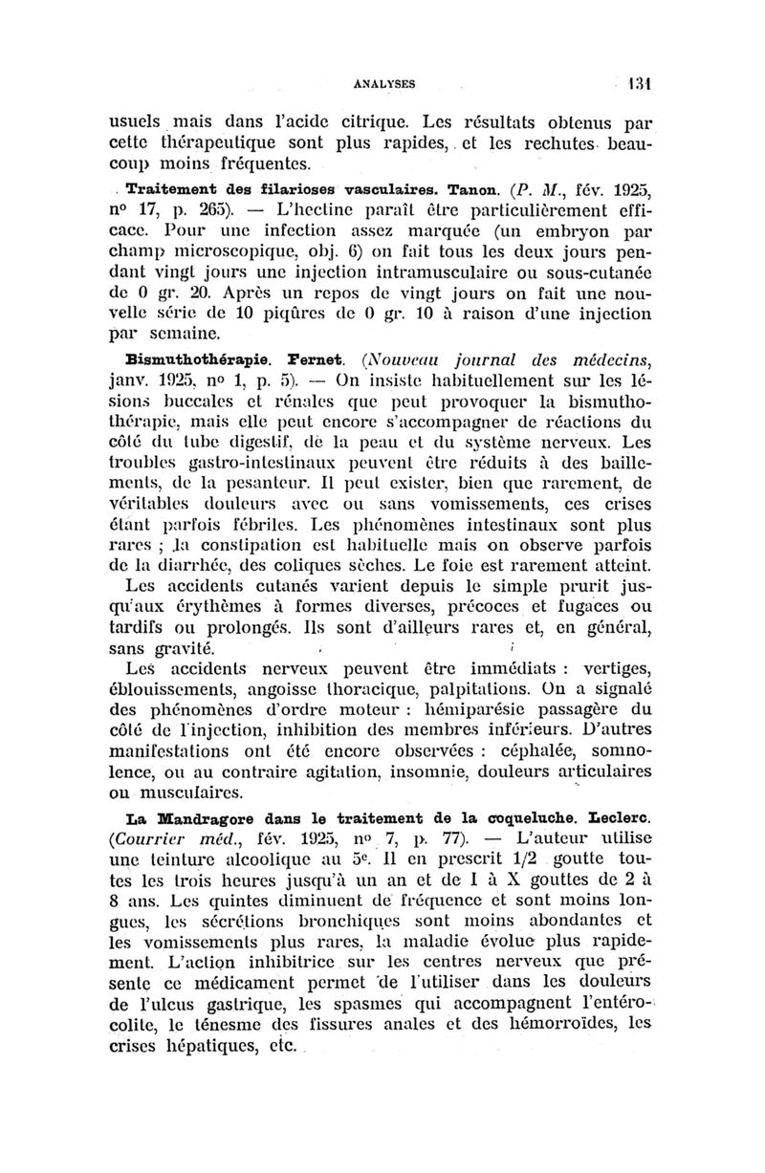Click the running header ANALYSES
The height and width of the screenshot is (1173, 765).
point(382,83)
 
